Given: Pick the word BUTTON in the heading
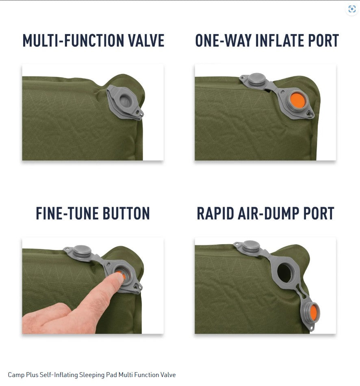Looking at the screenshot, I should click(x=126, y=214).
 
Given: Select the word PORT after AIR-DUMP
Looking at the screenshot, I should click(x=319, y=214).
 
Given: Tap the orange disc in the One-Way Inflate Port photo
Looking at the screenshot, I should click(x=299, y=100).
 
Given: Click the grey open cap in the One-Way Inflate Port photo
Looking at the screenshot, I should click(x=256, y=79).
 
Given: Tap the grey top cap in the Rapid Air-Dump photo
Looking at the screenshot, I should click(x=251, y=246).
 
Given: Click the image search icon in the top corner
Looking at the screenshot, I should click(x=352, y=9).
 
